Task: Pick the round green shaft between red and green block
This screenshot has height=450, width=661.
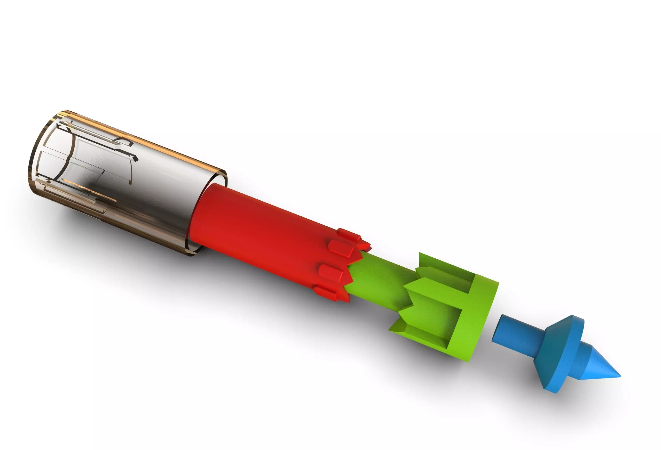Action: pos(378,281)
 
